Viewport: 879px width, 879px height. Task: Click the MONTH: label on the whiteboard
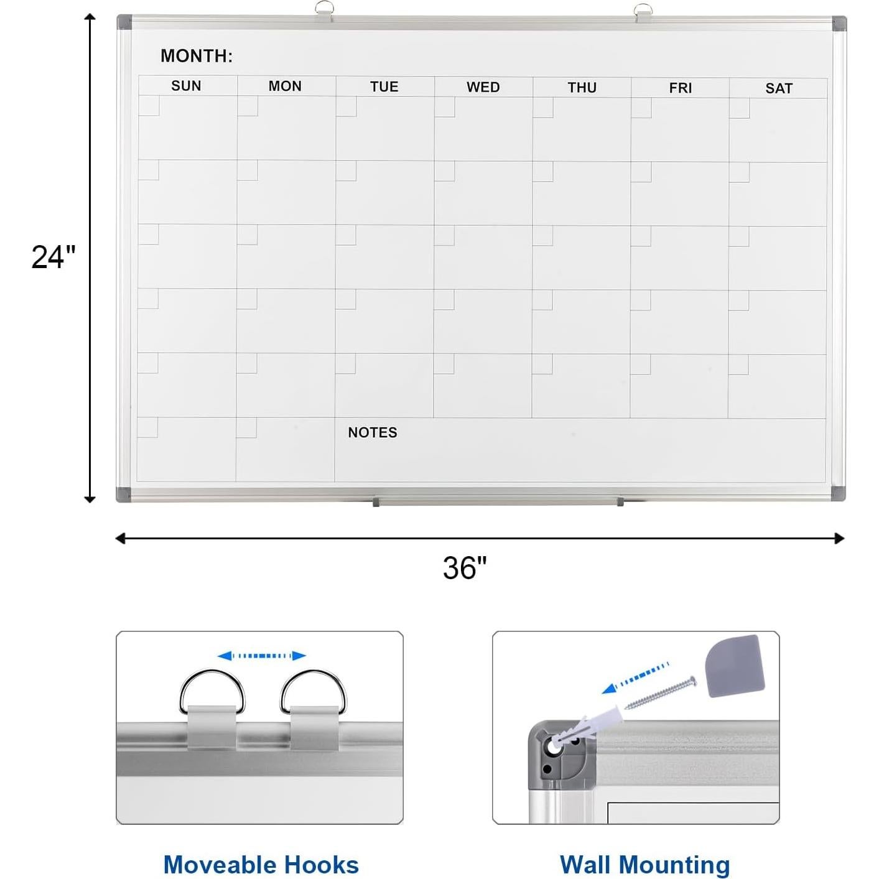pos(197,56)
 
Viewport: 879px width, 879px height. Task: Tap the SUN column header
pos(186,86)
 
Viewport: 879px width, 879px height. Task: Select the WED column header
pos(483,87)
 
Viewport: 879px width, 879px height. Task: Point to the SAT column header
pos(778,88)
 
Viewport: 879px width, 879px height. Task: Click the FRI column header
pos(680,88)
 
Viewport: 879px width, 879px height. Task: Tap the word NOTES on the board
pos(372,432)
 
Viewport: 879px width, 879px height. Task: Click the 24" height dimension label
pos(53,256)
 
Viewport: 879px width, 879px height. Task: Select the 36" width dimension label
pos(465,567)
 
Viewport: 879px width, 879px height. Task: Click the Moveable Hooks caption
pos(261,865)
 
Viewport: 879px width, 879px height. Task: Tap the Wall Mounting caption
pos(644,865)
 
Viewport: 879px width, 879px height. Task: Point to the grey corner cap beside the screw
pos(734,665)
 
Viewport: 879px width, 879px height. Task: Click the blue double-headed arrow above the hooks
pos(261,656)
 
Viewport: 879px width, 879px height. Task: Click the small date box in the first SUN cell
pos(149,106)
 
